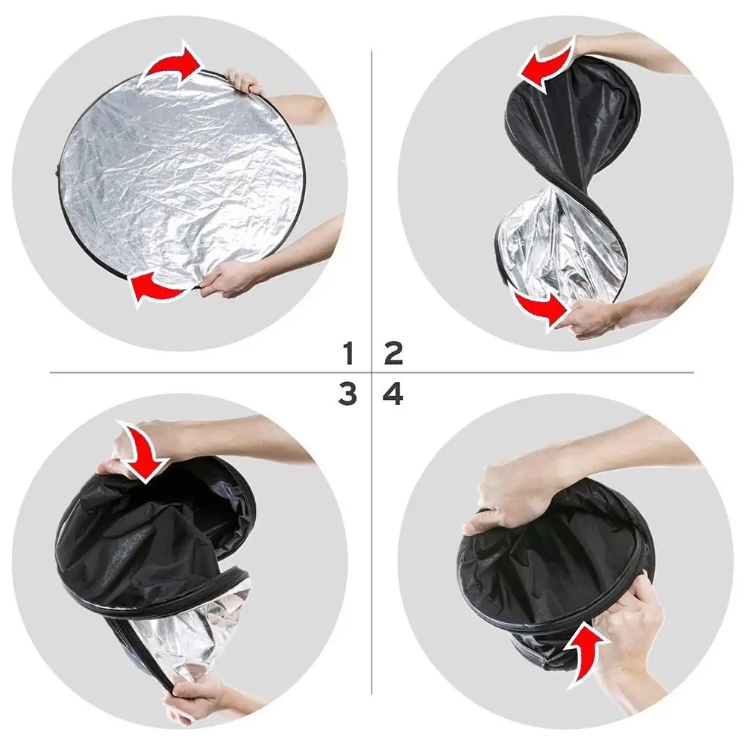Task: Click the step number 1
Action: (347, 352)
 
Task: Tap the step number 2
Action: (393, 352)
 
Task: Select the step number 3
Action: (347, 393)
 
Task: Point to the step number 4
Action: (393, 393)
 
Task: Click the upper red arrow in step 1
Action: (173, 63)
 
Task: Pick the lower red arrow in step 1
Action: (157, 287)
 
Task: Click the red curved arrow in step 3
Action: (142, 448)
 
